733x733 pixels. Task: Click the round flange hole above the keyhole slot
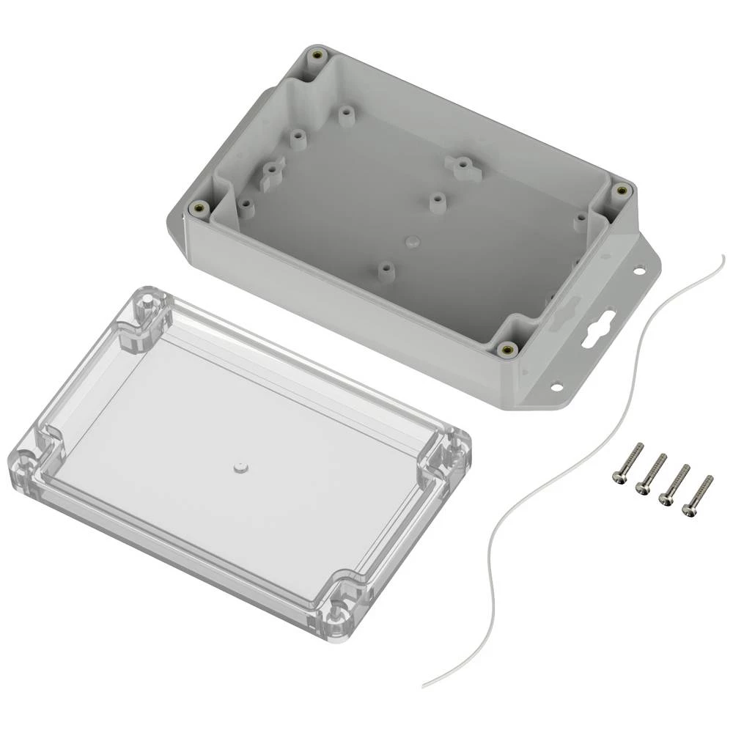pyautogui.click(x=639, y=271)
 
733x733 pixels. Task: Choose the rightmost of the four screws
pyautogui.click(x=697, y=495)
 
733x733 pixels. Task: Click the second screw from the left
pyautogui.click(x=651, y=473)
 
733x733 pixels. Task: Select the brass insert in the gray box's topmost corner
pyautogui.click(x=317, y=56)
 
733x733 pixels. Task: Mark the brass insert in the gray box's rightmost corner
pyautogui.click(x=622, y=191)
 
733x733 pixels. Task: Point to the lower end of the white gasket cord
pyautogui.click(x=424, y=685)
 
